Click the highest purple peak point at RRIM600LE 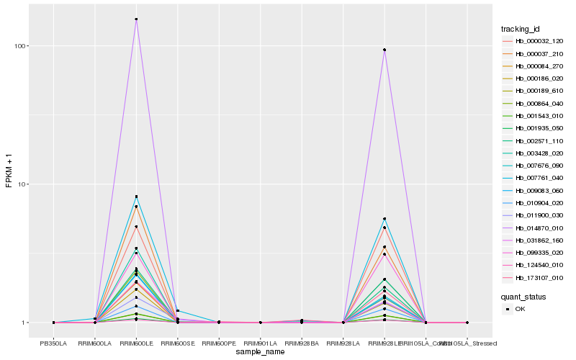(x=136, y=19)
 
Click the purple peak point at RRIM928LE (x=384, y=50)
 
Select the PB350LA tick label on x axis (x=53, y=343)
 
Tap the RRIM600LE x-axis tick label (x=136, y=343)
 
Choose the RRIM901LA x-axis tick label (x=260, y=343)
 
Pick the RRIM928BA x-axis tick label (x=302, y=343)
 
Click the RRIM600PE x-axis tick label (x=219, y=343)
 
